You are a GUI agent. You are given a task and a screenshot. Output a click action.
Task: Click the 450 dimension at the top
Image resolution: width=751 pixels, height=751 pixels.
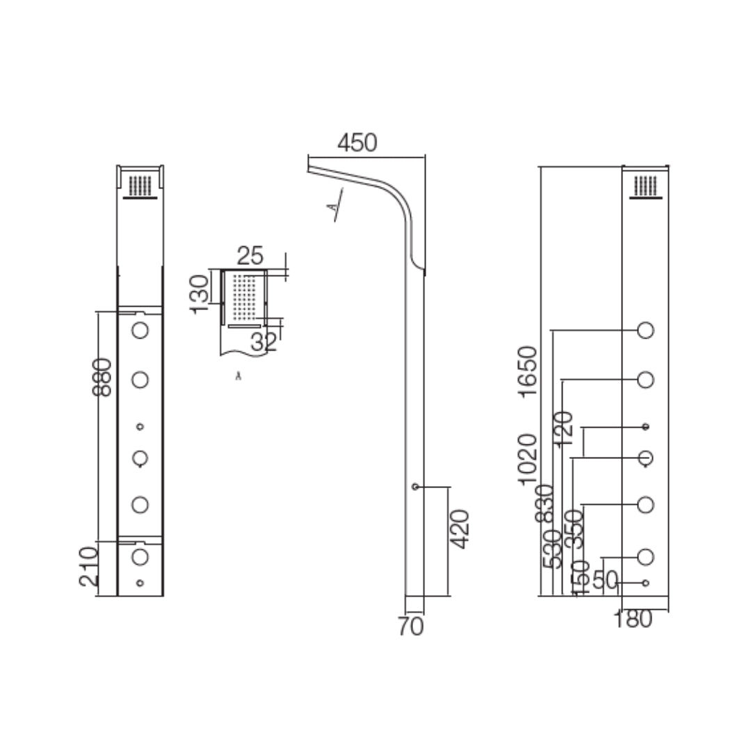[357, 143]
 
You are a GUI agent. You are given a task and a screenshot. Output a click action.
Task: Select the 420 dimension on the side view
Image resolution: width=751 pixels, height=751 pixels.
[460, 529]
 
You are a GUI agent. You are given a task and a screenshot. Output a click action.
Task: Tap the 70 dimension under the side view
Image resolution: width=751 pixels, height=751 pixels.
[411, 627]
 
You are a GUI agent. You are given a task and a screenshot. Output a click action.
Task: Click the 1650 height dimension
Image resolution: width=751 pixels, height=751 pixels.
[528, 371]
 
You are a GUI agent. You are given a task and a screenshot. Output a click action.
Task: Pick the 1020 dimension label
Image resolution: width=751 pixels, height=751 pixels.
[528, 458]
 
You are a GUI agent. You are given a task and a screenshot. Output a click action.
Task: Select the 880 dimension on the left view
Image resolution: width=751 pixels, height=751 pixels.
[102, 377]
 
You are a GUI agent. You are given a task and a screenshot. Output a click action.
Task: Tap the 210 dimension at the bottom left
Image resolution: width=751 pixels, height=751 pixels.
[88, 566]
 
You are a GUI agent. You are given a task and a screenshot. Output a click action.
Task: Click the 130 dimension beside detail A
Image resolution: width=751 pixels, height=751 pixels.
[200, 293]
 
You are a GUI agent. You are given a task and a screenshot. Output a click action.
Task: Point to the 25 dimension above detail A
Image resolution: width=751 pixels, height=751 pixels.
[250, 256]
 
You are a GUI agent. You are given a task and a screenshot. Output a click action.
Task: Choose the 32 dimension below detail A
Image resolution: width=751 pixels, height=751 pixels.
[264, 341]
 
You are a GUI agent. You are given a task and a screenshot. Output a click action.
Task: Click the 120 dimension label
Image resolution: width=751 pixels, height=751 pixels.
[564, 428]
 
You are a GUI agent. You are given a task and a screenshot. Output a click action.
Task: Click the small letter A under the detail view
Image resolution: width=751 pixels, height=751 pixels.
[239, 376]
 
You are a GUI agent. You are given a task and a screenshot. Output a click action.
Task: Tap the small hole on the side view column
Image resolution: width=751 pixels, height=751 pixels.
[415, 487]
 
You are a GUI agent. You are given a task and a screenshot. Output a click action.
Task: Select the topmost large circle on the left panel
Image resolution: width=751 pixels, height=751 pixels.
[140, 330]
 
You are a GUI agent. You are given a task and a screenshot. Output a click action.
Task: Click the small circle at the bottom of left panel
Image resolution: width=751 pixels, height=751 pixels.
[140, 583]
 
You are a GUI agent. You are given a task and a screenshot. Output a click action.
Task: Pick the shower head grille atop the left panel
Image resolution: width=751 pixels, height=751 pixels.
[140, 186]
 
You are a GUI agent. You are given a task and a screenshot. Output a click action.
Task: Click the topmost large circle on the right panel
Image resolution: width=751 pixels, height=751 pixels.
[645, 330]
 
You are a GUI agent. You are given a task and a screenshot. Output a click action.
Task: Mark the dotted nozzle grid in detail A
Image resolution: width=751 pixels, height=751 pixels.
[244, 298]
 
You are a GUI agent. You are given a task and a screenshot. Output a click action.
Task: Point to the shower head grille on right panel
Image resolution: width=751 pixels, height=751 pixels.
[645, 186]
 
